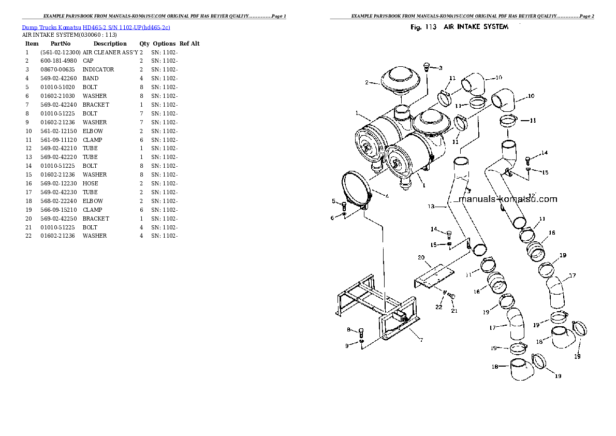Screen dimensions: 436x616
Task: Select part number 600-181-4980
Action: [60, 61]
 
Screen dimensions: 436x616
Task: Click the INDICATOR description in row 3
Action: [98, 69]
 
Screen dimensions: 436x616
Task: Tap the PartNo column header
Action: [61, 44]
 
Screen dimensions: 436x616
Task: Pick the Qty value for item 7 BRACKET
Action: [141, 105]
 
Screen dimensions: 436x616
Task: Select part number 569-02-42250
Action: [60, 219]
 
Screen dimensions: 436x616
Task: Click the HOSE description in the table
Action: [90, 183]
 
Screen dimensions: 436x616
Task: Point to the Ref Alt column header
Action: [189, 44]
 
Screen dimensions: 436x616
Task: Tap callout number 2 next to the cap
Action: [366, 82]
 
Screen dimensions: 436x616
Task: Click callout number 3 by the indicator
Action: [440, 68]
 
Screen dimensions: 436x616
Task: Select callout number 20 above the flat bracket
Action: [421, 257]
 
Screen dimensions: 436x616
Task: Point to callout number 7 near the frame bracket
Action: [421, 340]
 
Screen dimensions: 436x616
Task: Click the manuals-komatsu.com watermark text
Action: [507, 199]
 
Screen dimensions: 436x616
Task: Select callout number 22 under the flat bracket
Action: [438, 307]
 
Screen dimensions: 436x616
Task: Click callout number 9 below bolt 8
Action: [347, 346]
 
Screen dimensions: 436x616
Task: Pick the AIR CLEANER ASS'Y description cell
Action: [110, 52]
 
